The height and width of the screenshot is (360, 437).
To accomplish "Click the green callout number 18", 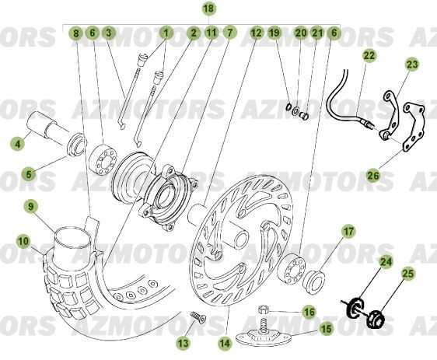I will coord(208,9).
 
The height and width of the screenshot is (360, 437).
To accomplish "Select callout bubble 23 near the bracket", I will coord(411,65).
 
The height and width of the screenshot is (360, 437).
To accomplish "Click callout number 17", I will coord(349,231).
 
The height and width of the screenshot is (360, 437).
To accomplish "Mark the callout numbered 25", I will coord(408,274).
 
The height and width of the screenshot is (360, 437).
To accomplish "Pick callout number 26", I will coord(373,176).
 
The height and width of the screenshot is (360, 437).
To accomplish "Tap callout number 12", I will coord(257,33).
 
